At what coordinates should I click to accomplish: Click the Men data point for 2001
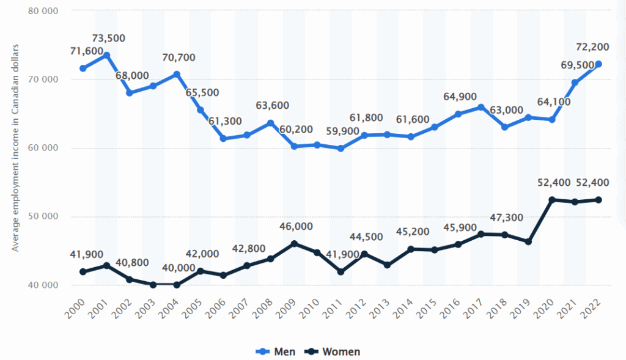coord(106,55)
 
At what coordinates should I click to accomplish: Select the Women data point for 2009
coord(294,243)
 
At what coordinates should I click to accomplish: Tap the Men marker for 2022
coord(598,64)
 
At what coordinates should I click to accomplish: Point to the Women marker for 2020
coord(552,200)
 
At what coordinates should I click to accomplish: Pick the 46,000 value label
coord(296,227)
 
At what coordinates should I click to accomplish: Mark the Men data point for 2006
coord(224,139)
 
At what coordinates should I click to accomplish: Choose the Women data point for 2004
coord(177,284)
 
